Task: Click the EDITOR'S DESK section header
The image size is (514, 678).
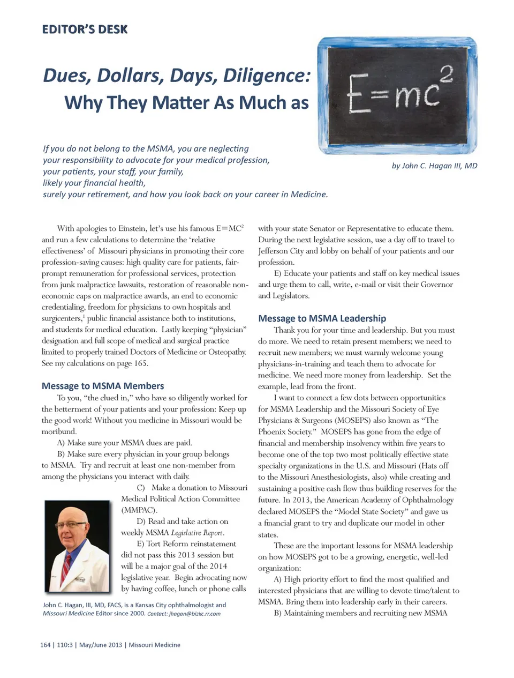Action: click(x=85, y=29)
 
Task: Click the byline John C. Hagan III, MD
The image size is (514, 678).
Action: click(x=434, y=166)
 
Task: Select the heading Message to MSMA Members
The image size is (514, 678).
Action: click(x=103, y=386)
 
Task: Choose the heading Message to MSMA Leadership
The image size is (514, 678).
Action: click(x=322, y=318)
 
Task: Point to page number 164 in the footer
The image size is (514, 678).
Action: click(x=45, y=645)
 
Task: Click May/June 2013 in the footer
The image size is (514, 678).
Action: click(x=101, y=645)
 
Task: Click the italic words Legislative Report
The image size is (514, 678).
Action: click(x=197, y=533)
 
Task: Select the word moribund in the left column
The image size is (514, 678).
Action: click(x=59, y=431)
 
